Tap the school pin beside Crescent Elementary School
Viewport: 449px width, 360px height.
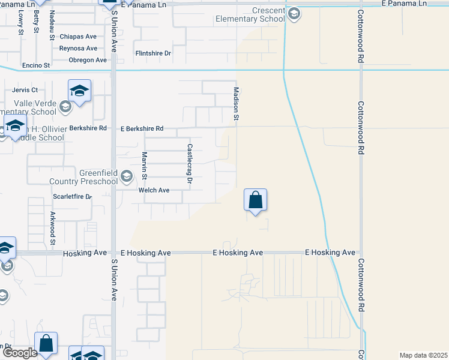click(294, 14)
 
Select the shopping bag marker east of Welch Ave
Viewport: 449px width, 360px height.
click(256, 200)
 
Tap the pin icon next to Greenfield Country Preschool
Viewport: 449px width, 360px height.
click(126, 177)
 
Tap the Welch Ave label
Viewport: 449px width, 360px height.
click(154, 190)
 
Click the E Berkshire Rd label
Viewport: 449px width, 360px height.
click(142, 128)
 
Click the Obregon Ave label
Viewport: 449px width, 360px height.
click(87, 60)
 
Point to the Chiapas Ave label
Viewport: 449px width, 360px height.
click(78, 37)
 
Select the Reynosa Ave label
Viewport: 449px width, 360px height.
click(78, 49)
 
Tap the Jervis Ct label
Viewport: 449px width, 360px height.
click(25, 90)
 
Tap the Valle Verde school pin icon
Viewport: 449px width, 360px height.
click(65, 107)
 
